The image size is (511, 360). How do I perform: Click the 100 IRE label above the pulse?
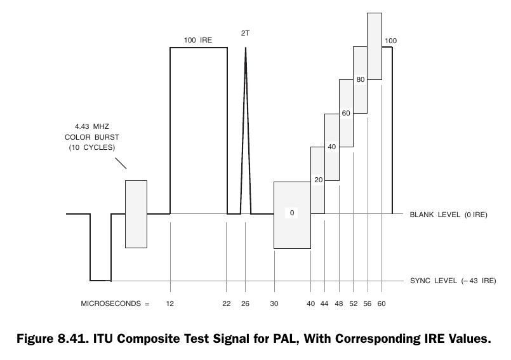click(197, 40)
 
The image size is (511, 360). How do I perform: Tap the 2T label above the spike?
click(245, 31)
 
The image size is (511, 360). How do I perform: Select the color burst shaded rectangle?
click(136, 214)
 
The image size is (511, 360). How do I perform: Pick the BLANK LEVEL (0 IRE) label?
click(448, 214)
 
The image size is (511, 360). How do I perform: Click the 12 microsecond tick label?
click(170, 304)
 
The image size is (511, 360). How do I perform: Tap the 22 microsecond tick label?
click(226, 304)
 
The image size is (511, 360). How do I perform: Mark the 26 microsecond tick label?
click(245, 304)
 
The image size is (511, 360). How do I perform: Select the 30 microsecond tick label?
click(274, 304)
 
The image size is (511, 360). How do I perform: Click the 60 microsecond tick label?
click(381, 304)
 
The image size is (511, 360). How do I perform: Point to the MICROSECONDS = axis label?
click(115, 304)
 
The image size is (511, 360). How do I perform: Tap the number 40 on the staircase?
click(331, 147)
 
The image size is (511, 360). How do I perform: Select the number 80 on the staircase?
click(360, 79)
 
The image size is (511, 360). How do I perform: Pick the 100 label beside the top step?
click(391, 41)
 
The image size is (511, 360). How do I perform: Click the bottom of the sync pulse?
click(100, 280)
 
